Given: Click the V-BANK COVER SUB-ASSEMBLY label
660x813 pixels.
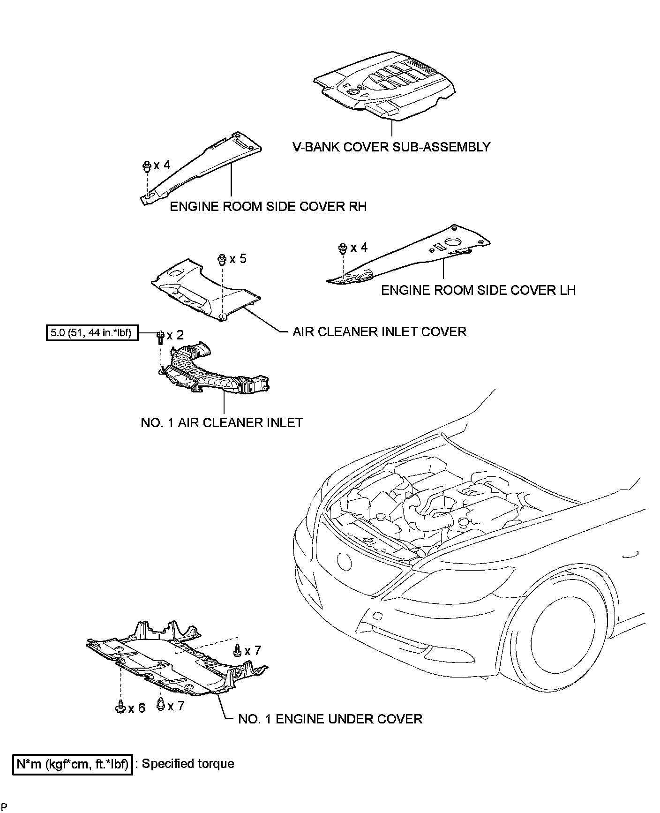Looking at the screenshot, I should coord(391,147).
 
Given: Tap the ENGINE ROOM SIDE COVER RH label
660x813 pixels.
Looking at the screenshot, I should coord(268,206).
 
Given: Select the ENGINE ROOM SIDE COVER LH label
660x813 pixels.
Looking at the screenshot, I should coord(478,290).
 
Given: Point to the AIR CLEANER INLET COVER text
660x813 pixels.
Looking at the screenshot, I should coord(379,332).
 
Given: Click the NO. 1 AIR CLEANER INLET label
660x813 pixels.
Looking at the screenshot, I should coord(222,422).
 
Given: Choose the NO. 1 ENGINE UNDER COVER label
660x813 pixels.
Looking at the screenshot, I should coord(330,719).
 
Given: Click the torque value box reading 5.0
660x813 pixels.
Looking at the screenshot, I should coord(92,333).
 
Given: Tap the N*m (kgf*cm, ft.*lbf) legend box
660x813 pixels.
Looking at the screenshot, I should coord(73,764).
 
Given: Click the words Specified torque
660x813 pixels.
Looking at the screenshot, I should coord(188,764).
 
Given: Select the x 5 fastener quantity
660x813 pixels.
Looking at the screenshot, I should coord(238,259).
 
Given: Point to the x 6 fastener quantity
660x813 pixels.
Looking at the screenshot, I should coord(137,708).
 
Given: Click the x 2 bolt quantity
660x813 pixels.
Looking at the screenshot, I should coord(175,335).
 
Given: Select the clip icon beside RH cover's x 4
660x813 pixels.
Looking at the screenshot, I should coord(146,166).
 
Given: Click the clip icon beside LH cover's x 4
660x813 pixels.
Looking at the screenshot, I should coord(343,248).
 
